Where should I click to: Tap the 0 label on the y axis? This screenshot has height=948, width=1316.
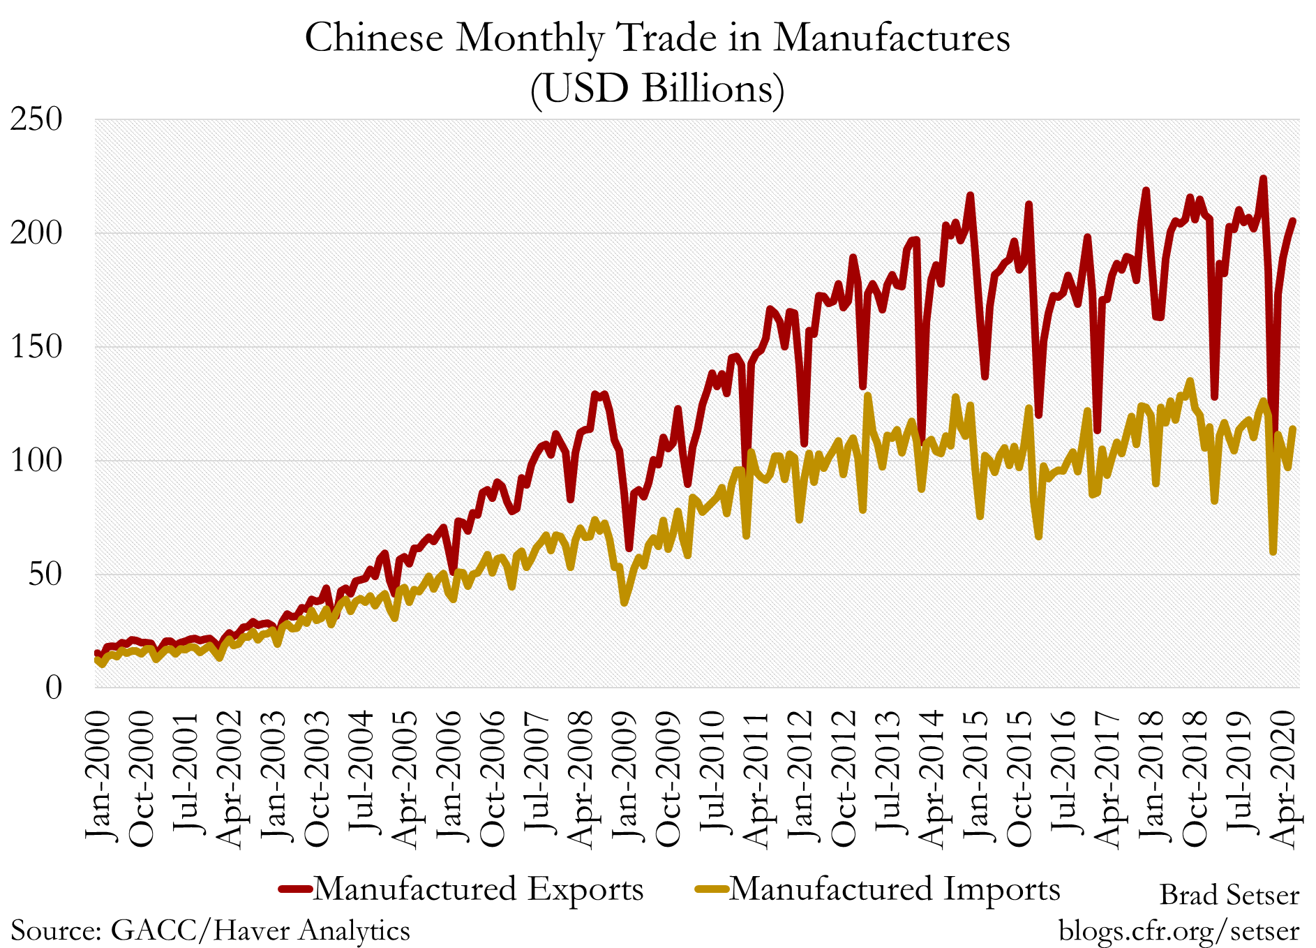point(54,688)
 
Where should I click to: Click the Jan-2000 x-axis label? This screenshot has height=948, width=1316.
point(98,775)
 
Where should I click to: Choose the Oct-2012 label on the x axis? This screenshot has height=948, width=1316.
point(844,778)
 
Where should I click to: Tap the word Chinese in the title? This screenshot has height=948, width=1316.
point(374,38)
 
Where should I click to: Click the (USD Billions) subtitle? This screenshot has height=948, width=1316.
point(657,89)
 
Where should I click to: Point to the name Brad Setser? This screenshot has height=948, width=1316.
point(1229,895)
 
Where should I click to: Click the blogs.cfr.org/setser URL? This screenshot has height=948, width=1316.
point(1179,931)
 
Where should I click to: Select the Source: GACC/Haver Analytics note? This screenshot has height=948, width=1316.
point(210,931)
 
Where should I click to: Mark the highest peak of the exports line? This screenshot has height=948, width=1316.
point(1263,179)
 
